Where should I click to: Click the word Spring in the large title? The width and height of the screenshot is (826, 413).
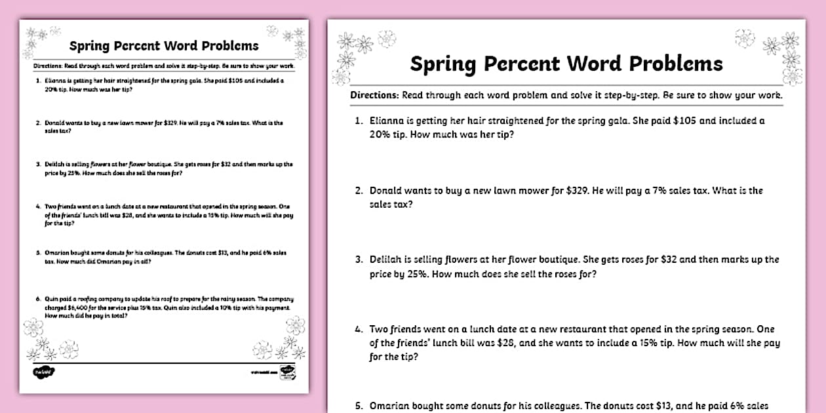pos(444,64)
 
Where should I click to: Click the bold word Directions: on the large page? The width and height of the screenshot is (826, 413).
pos(374,94)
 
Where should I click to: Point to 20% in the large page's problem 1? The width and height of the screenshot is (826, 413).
pos(380,134)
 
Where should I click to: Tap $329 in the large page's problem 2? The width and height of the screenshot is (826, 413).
pos(577,191)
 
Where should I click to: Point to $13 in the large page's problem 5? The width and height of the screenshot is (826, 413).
pos(667,406)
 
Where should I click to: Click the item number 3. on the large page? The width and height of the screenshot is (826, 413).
pos(359,260)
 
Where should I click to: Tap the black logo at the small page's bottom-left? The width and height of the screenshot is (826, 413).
pos(43,372)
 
